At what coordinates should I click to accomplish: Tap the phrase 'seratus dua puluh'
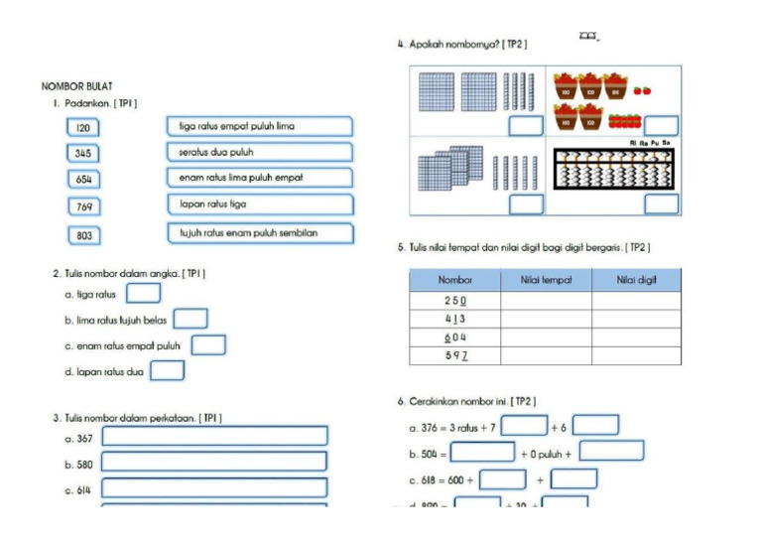coord(260,152)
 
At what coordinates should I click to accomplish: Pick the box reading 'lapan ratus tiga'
coord(260,203)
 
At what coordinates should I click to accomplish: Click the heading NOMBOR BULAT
coord(77,86)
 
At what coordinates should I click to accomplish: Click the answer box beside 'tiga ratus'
coord(144,293)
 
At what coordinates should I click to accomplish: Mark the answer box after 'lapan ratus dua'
coord(168,371)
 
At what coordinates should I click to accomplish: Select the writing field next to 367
coord(214,436)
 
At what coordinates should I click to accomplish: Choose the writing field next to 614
coord(214,488)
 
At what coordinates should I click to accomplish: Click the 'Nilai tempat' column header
coord(546,280)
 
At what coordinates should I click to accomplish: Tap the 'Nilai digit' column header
coord(636,280)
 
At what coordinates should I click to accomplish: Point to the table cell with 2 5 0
coord(454,300)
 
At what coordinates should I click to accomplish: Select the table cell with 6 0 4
coord(454,337)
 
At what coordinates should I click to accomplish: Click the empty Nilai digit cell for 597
coord(636,355)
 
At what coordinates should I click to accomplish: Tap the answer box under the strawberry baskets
coord(661,126)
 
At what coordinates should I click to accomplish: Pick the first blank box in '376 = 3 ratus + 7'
coord(524,426)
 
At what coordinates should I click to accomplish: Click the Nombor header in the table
coord(454,280)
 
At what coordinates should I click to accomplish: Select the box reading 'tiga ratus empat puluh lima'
coord(260,126)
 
